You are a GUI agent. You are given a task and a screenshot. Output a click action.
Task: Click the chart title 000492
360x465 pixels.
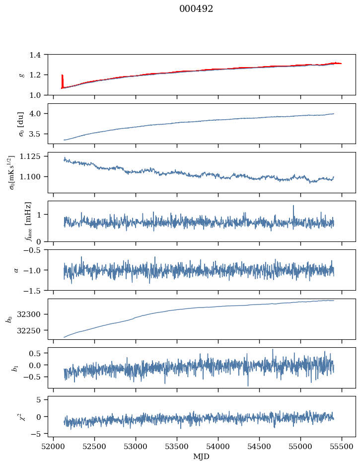point(196,9)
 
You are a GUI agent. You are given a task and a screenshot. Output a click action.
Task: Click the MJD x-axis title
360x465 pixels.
point(202,456)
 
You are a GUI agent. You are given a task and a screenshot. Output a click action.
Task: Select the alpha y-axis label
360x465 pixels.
point(16,270)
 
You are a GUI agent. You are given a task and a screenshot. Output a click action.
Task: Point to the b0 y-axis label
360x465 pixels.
point(9,318)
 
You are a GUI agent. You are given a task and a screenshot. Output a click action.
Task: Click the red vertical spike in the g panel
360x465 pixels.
point(62,80)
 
